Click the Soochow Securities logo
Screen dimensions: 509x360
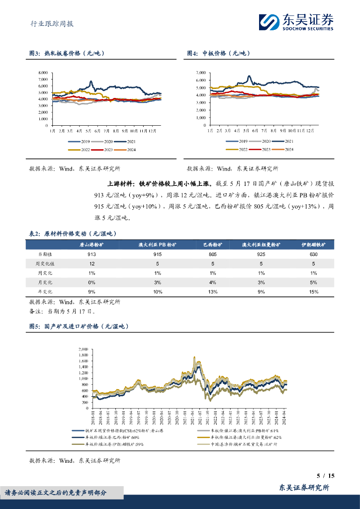(x=296, y=22)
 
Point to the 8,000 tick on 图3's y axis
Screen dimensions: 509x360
(x=43, y=73)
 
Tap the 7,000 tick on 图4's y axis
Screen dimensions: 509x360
(x=201, y=73)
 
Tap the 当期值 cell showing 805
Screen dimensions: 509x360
(x=212, y=254)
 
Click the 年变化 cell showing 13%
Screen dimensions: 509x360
(x=212, y=292)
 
